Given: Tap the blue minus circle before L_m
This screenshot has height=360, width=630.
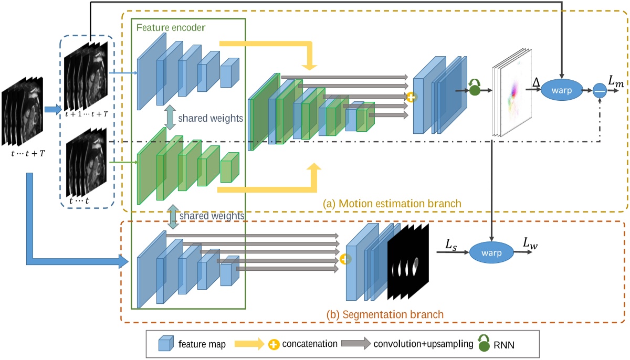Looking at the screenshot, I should coord(600,90).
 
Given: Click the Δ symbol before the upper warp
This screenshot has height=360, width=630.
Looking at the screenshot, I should coord(535,82).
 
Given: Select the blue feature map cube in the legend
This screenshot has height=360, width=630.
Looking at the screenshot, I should coord(166,344).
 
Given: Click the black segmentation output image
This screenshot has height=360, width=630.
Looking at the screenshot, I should coord(408,262).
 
